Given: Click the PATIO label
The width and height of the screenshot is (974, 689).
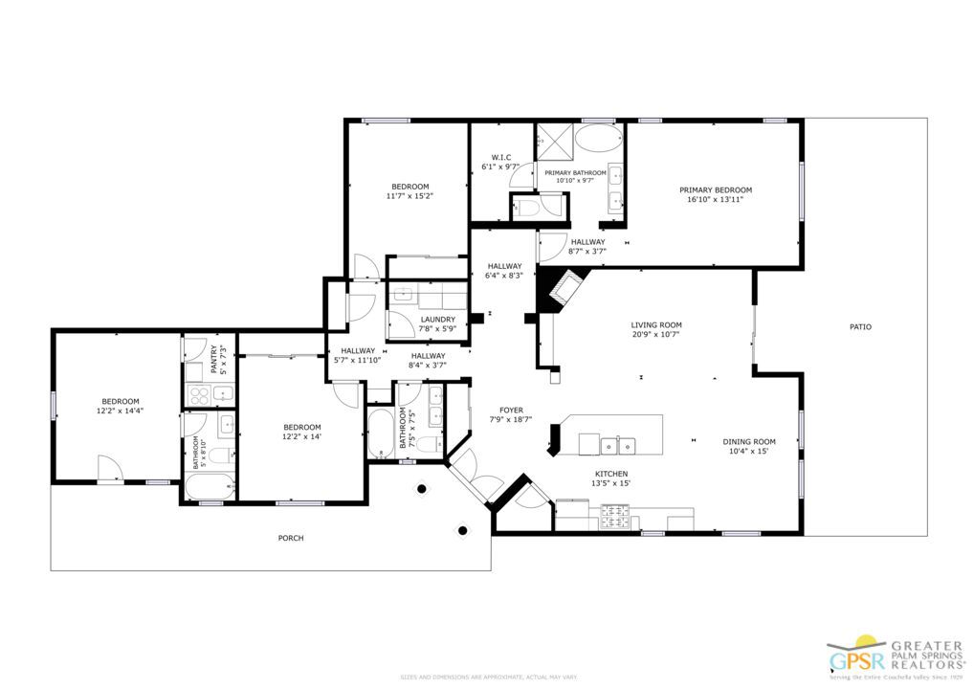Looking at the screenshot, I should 860,327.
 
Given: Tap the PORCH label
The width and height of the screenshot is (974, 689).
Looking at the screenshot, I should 291,538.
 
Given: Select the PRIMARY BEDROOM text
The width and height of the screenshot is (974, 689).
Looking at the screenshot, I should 716,189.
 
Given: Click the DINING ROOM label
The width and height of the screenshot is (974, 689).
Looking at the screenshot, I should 748,442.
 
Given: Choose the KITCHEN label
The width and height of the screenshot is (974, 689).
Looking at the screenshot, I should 611,474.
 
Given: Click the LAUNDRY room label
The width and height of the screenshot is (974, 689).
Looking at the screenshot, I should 438,320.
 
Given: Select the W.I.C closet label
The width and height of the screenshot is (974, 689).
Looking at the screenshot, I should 501,157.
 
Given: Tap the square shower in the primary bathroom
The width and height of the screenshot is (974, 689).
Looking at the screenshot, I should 552,140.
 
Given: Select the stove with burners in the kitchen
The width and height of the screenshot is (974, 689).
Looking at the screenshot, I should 612,518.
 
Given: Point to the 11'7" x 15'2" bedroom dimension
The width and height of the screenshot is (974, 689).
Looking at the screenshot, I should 410,196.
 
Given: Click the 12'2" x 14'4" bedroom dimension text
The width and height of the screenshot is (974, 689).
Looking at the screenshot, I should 120,411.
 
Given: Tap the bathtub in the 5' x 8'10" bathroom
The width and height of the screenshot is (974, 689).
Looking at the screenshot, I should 208,488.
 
